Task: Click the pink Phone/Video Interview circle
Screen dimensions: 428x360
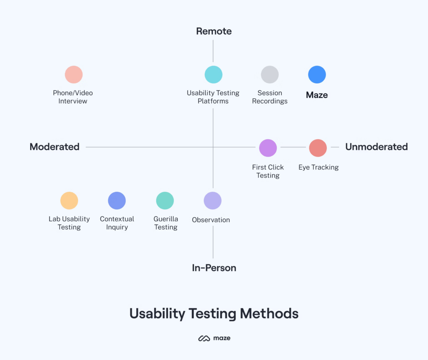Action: coord(74,74)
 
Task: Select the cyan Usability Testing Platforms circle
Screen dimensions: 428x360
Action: coord(214,74)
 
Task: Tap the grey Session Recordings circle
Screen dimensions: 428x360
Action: coord(270,74)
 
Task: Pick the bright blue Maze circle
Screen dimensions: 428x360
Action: coord(317,74)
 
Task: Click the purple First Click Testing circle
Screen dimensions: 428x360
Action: coord(268,148)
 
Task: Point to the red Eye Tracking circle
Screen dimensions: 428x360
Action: coord(318,148)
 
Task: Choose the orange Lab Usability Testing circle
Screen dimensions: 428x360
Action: coord(69,200)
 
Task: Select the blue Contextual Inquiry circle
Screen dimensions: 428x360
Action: coord(117,200)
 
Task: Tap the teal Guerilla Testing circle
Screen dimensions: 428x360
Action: coord(165,200)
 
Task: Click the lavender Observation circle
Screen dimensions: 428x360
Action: coord(213,200)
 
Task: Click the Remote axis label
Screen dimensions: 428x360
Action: coord(214,31)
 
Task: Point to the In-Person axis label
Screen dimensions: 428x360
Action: coord(214,268)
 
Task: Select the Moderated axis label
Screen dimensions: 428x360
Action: coord(55,147)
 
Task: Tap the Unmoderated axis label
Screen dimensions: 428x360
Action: coord(377,147)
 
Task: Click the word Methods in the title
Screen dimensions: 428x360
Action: coord(269,313)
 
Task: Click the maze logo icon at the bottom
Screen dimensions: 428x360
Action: coord(204,338)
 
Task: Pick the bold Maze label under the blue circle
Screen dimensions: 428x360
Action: coord(317,95)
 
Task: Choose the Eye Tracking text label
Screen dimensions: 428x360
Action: coord(318,167)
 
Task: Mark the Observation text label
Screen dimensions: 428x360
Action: coord(211,220)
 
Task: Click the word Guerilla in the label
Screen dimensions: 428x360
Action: coord(166,219)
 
